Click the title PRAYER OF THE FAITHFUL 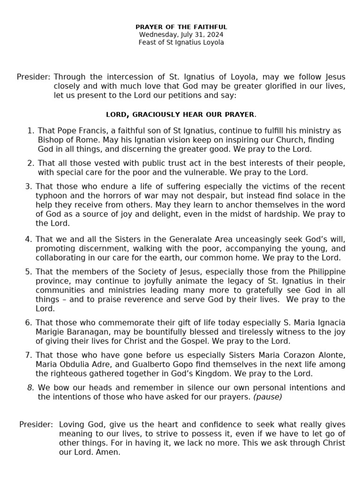point(181,27)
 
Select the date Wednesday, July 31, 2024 point(181,35)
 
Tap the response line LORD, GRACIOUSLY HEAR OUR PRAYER point(181,114)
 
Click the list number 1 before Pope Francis point(31,130)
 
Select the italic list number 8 point(30,387)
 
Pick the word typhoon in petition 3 point(51,195)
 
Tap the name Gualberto point(147,364)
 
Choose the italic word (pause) point(268,397)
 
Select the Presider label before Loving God point(36,424)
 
